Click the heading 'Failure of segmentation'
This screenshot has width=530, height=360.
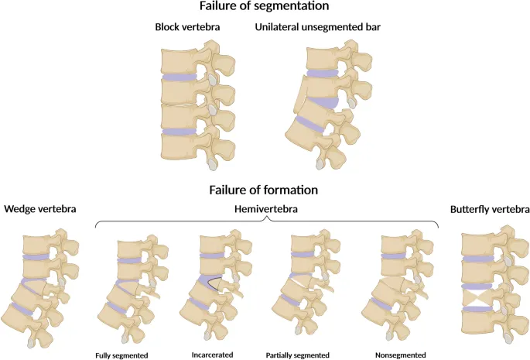pyautogui.click(x=265, y=7)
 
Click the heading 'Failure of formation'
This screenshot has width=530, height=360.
pyautogui.click(x=265, y=190)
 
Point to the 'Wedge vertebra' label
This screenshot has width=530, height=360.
pyautogui.click(x=39, y=209)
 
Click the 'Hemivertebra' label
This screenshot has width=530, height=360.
pyautogui.click(x=266, y=209)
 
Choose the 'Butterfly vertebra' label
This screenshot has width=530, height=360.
pyautogui.click(x=491, y=209)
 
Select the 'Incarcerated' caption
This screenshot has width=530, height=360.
pyautogui.click(x=213, y=355)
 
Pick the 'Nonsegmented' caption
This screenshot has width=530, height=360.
pyautogui.click(x=395, y=355)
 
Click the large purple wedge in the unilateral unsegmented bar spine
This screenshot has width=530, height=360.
pyautogui.click(x=327, y=101)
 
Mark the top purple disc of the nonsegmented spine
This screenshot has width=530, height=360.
pyautogui.click(x=394, y=255)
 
